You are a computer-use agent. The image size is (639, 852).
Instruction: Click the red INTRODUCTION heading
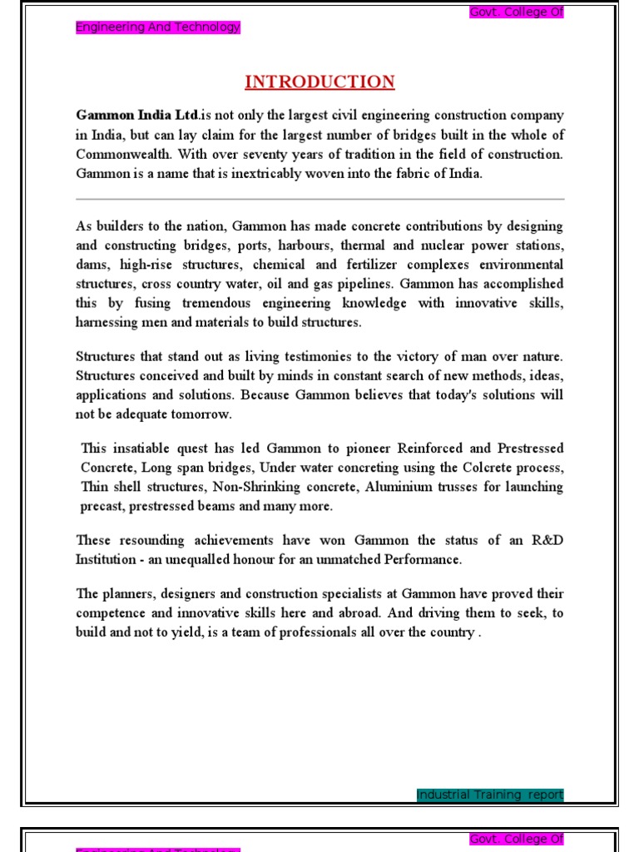pos(319,82)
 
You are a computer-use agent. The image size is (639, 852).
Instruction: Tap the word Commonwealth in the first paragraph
pos(120,154)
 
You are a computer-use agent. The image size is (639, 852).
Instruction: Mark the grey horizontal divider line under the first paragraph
pos(319,200)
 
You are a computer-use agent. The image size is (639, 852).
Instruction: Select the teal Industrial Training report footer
pos(489,795)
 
